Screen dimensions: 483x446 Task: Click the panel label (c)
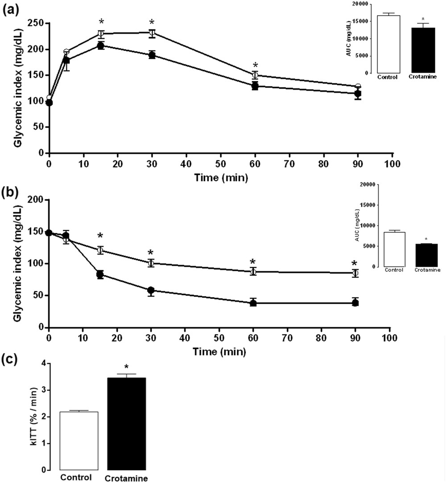pyautogui.click(x=11, y=359)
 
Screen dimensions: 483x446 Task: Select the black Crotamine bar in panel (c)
pyautogui.click(x=127, y=424)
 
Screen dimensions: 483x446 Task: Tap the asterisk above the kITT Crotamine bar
pyautogui.click(x=127, y=367)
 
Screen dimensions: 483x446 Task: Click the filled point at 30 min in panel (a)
pyautogui.click(x=152, y=55)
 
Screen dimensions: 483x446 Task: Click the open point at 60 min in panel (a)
pyautogui.click(x=255, y=75)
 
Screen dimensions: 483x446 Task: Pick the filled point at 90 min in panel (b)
pyautogui.click(x=355, y=303)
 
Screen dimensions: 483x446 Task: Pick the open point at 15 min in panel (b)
pyautogui.click(x=100, y=250)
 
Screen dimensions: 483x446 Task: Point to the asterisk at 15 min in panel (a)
pyautogui.click(x=101, y=22)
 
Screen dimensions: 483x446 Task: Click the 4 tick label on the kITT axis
pyautogui.click(x=44, y=363)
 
